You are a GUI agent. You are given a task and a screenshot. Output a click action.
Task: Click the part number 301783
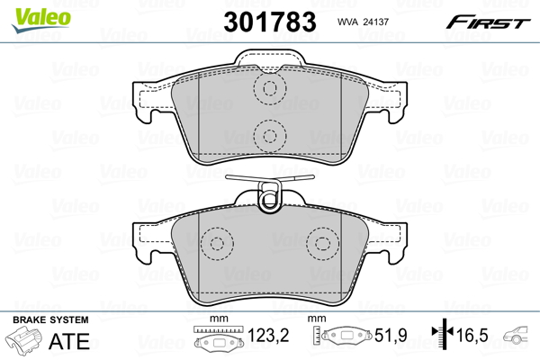tap(270, 21)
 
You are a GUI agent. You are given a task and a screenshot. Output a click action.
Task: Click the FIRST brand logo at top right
tap(490, 21)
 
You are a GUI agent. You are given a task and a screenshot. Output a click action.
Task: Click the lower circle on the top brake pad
tap(267, 136)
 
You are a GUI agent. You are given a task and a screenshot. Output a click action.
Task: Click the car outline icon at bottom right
tap(522, 339)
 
